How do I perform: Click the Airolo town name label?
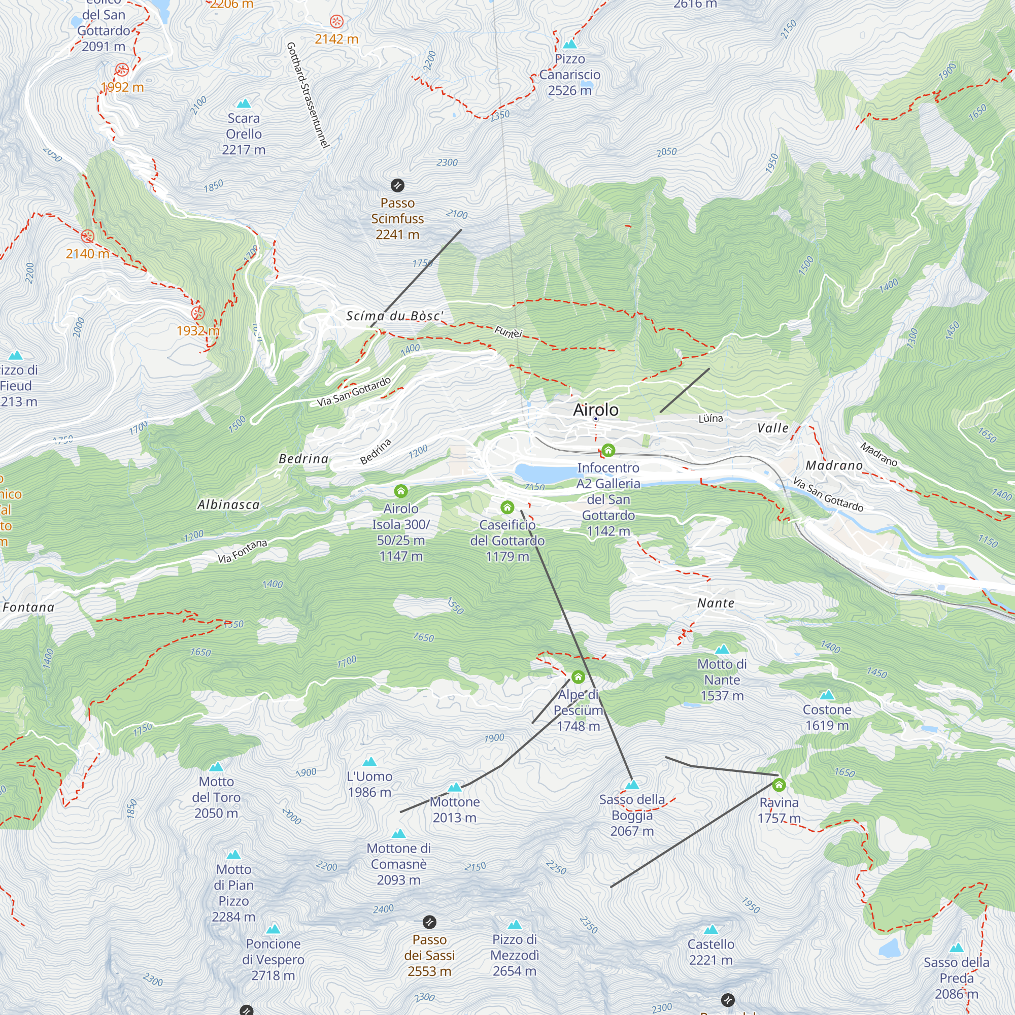(595, 409)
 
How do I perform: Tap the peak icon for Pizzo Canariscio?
(569, 44)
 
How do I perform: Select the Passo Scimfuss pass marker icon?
(397, 185)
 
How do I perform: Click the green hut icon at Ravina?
(779, 785)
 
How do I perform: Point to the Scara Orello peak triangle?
(244, 104)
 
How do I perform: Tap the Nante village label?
(716, 603)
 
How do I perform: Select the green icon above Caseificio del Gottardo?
(507, 507)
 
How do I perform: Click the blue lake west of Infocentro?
(544, 473)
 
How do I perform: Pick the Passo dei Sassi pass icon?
(429, 922)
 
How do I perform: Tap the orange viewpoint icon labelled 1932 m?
(197, 314)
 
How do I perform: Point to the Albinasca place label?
(228, 505)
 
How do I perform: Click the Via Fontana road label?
(242, 551)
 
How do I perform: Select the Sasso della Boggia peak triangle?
(632, 785)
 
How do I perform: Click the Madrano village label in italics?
(834, 465)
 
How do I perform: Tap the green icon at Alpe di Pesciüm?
(578, 676)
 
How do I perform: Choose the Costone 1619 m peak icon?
(827, 695)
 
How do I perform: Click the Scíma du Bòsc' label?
(394, 316)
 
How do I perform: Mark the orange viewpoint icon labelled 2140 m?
(88, 236)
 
